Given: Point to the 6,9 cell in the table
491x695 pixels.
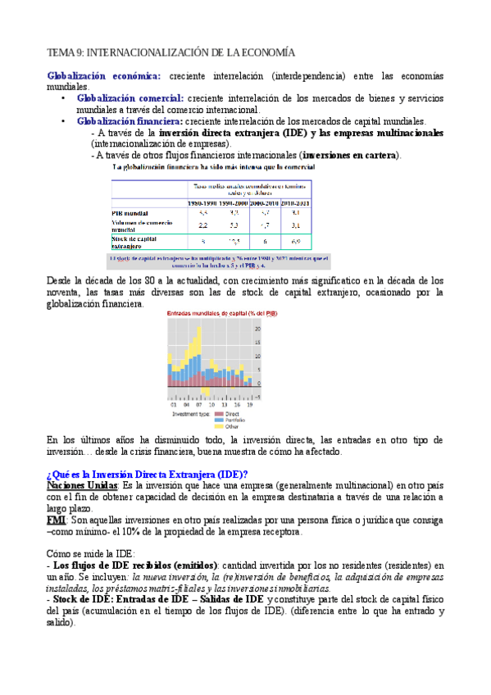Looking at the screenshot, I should [x=296, y=242].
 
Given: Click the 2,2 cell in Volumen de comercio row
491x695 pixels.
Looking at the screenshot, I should [x=202, y=225].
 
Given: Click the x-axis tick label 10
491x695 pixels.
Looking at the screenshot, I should [x=212, y=405].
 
